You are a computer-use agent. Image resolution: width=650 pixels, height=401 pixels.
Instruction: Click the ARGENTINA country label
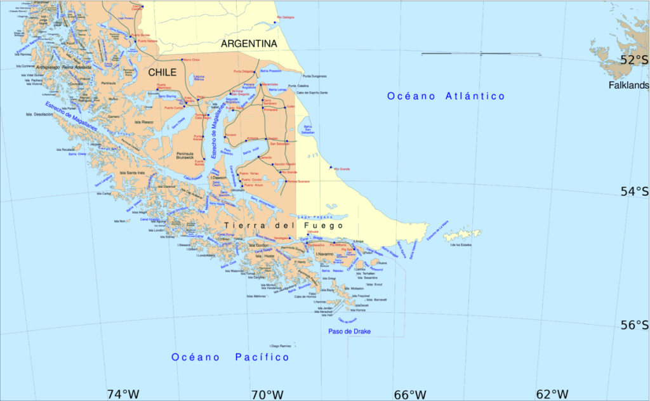[x=249, y=44]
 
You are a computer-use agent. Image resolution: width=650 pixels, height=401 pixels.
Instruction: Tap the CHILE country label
[x=162, y=73]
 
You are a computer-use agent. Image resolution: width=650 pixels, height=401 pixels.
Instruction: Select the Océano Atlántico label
[x=446, y=96]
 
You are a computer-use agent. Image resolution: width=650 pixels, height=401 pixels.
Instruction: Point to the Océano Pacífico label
[x=230, y=358]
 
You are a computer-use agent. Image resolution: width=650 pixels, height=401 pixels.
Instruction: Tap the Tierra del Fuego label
[x=284, y=225]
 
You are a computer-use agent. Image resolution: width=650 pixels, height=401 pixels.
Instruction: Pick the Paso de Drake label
[x=349, y=332]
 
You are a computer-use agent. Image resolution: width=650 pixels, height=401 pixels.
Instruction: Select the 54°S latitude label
[x=635, y=191]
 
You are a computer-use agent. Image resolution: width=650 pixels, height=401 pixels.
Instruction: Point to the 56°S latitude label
[x=635, y=325]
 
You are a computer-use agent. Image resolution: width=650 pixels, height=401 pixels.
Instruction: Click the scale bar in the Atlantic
[x=481, y=54]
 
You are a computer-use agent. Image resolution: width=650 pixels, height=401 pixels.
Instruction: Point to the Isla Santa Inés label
[x=133, y=173]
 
